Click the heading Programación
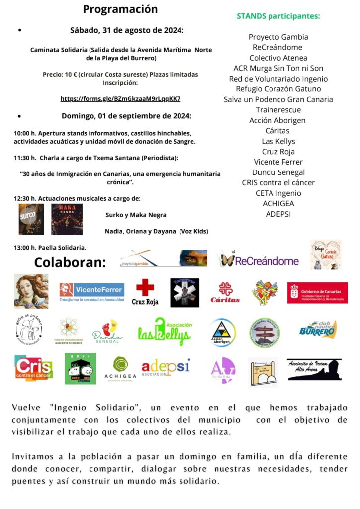tap(120, 9)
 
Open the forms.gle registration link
tap(120, 99)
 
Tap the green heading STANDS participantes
tap(278, 16)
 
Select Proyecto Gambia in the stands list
tap(278, 37)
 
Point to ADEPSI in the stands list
tap(278, 214)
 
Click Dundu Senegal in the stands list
tap(278, 172)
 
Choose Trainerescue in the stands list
tap(278, 109)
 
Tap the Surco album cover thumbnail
tap(31, 219)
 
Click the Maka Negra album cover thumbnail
tap(67, 219)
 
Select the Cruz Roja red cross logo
tap(145, 292)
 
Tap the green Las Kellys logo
tap(164, 332)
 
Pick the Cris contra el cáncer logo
tap(33, 368)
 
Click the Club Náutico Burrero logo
tap(318, 329)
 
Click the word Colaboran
tap(70, 262)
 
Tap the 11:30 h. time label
tap(25, 158)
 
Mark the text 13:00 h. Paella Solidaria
tap(50, 247)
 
